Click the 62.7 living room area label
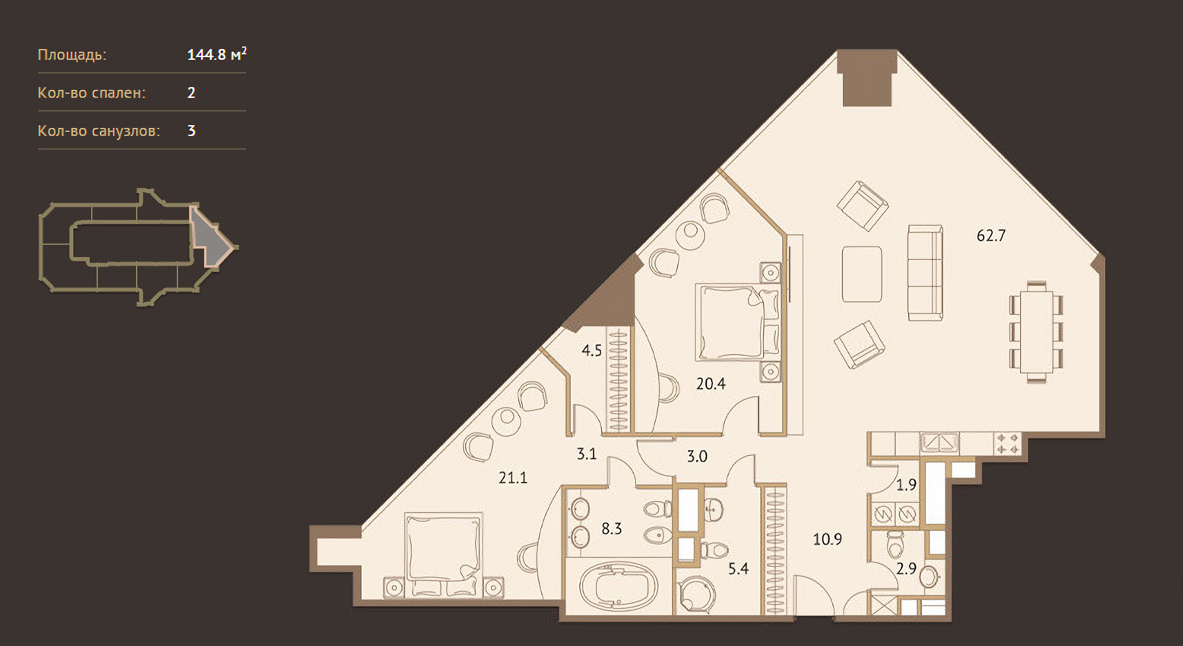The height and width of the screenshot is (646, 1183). click(x=991, y=236)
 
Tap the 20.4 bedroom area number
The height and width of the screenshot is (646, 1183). click(x=710, y=384)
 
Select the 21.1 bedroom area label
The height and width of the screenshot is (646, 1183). click(x=513, y=478)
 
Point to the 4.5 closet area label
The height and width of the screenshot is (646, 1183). click(x=591, y=351)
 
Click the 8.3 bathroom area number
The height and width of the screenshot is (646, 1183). click(x=611, y=529)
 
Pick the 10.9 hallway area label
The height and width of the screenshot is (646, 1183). click(x=827, y=539)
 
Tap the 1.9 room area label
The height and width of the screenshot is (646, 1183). click(x=906, y=485)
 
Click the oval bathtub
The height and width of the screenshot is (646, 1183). click(x=619, y=586)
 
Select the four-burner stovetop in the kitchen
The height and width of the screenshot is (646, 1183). click(x=1007, y=443)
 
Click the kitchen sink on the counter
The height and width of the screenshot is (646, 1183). click(x=939, y=443)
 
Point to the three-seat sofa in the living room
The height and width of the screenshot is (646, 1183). click(x=925, y=272)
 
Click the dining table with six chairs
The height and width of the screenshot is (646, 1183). click(x=1036, y=332)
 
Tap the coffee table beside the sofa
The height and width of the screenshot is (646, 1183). click(x=862, y=274)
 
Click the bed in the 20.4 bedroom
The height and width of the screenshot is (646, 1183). click(x=737, y=321)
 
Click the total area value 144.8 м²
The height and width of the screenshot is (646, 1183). click(x=216, y=54)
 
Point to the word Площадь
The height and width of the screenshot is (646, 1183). click(x=72, y=55)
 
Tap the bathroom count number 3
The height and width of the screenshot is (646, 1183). click(x=192, y=131)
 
